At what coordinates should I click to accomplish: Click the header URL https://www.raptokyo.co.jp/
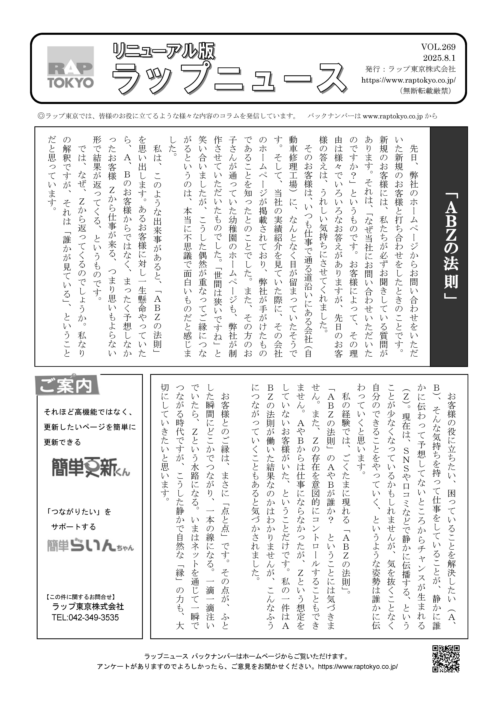point(408,80)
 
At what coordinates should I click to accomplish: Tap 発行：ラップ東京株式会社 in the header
point(410,69)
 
